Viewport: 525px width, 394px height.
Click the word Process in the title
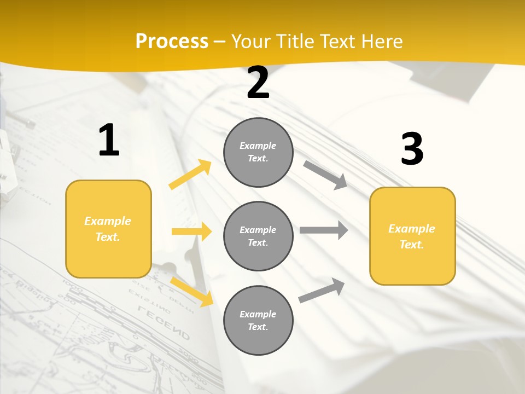172,42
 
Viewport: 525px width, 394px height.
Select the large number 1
109,141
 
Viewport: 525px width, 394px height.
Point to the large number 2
258,83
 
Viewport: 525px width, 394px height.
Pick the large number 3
412,149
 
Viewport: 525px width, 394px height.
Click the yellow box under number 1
108,229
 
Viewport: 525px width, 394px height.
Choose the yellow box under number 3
412,236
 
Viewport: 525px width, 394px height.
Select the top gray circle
258,152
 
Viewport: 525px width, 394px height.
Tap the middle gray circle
258,236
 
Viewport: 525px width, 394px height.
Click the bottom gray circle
258,320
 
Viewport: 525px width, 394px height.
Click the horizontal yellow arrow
191,232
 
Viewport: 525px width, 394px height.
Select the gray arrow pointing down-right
325,175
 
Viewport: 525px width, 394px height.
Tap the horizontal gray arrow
324,230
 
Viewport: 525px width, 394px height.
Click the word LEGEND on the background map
164,323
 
